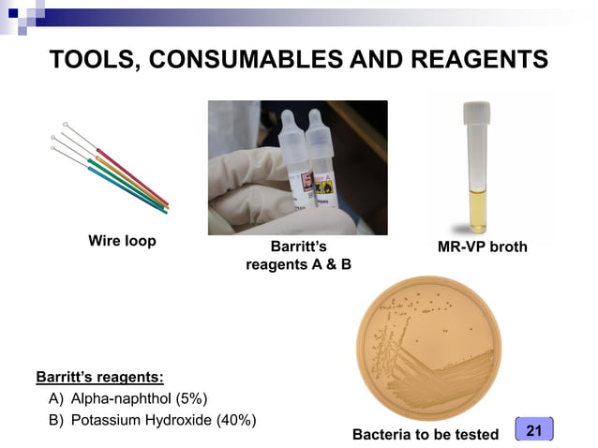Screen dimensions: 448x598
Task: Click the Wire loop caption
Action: click(x=122, y=242)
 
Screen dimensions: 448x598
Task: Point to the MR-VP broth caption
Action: click(x=483, y=247)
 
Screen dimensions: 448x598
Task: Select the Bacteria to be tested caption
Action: click(x=426, y=434)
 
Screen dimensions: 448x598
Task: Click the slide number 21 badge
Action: click(x=534, y=430)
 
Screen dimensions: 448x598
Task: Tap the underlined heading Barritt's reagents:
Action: click(x=99, y=379)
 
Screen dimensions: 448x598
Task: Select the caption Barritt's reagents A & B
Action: click(x=298, y=256)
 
